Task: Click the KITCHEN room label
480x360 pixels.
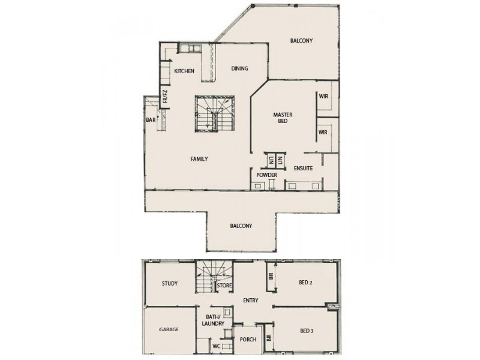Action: coord(184,71)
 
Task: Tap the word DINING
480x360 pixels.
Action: coord(239,68)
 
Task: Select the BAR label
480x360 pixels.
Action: coord(150,119)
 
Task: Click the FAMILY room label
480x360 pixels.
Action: coord(199,159)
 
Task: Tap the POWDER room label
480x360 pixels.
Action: coord(266,175)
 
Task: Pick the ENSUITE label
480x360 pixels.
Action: coord(303,169)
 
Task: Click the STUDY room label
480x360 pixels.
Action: coord(170,284)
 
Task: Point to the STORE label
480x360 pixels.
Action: coord(224,286)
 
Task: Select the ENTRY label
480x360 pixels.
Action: coord(250,301)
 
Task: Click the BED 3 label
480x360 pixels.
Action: coord(307,330)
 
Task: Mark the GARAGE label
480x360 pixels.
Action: coord(169,329)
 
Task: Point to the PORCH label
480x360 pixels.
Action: coord(248,340)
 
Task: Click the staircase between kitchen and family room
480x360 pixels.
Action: coord(212,115)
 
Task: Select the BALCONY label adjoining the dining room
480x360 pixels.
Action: coord(301,41)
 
